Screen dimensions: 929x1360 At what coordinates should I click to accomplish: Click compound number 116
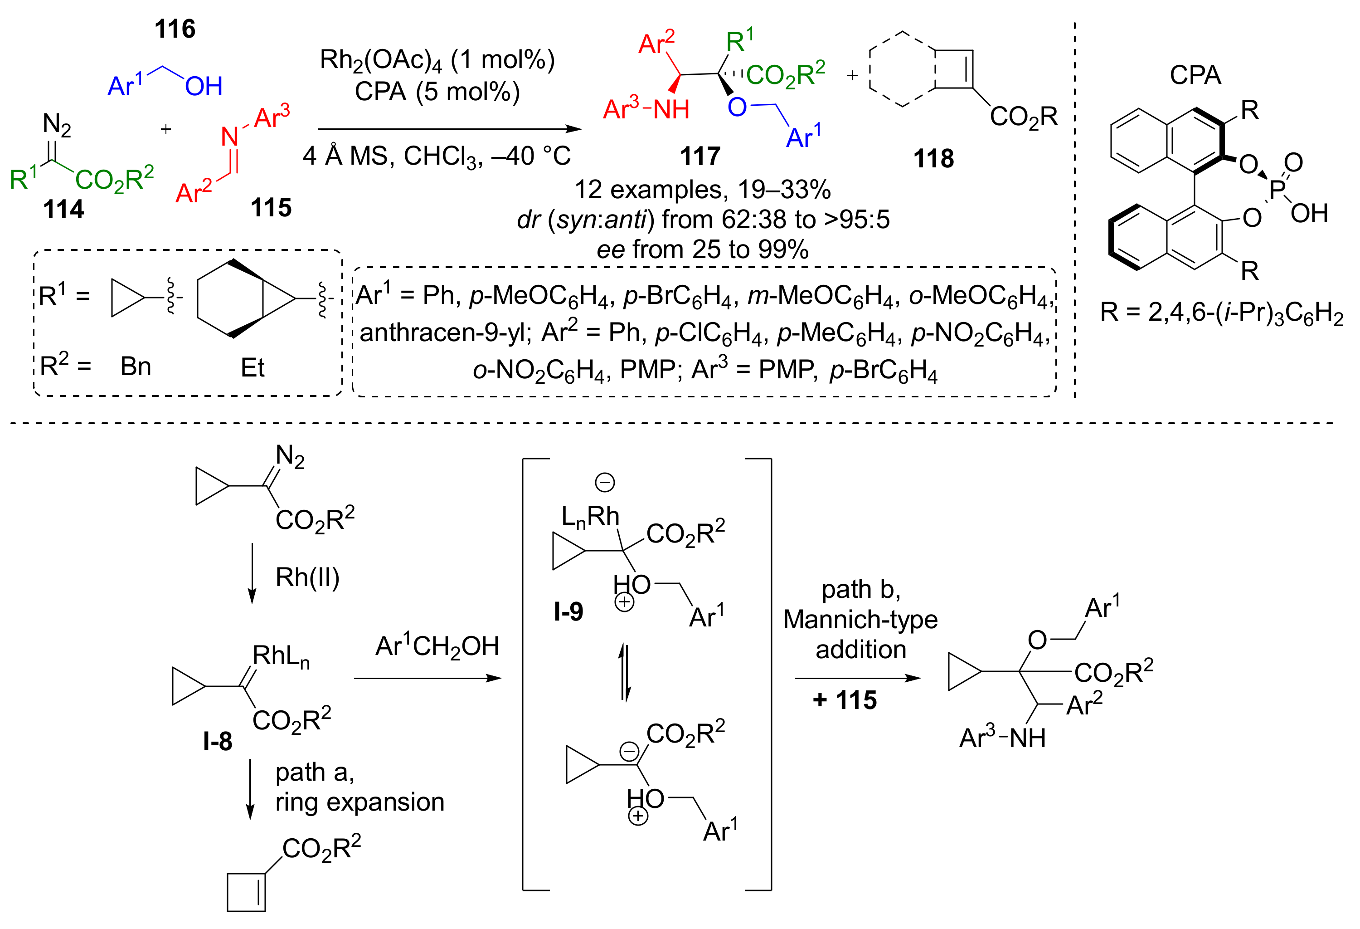[x=175, y=29]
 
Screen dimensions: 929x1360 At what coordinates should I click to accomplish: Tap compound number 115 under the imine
[x=271, y=207]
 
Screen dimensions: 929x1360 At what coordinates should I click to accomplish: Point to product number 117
[x=700, y=156]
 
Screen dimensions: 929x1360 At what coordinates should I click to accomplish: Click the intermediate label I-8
[x=217, y=742]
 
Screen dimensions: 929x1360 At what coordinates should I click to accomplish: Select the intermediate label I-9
[x=568, y=612]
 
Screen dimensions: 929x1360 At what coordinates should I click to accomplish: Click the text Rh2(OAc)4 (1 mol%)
[x=437, y=60]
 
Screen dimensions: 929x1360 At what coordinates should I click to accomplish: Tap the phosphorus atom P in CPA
[x=1277, y=189]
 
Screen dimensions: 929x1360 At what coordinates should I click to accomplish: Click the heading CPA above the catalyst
[x=1195, y=75]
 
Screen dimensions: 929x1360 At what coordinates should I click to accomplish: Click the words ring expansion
[x=359, y=802]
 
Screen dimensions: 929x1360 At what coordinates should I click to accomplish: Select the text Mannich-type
[x=860, y=619]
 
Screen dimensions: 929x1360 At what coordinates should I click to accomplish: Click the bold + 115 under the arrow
[x=845, y=700]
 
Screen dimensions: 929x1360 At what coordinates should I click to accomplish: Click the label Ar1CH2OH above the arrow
[x=437, y=646]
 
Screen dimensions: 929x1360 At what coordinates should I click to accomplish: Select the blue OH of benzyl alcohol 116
[x=204, y=87]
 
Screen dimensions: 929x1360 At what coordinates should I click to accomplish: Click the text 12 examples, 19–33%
[x=702, y=189]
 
